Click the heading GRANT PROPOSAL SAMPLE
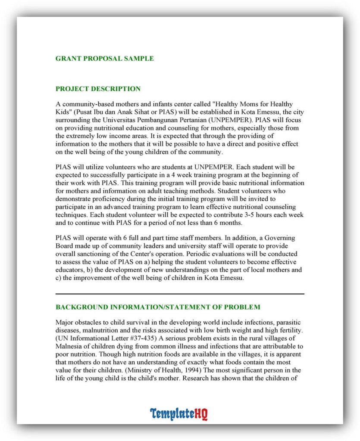[x=104, y=59]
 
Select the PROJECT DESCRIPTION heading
[x=98, y=89]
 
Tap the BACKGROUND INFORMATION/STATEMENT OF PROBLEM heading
[x=158, y=307]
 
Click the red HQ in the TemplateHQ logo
[x=200, y=414]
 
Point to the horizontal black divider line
[x=180, y=294]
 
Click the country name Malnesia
[x=70, y=346]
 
